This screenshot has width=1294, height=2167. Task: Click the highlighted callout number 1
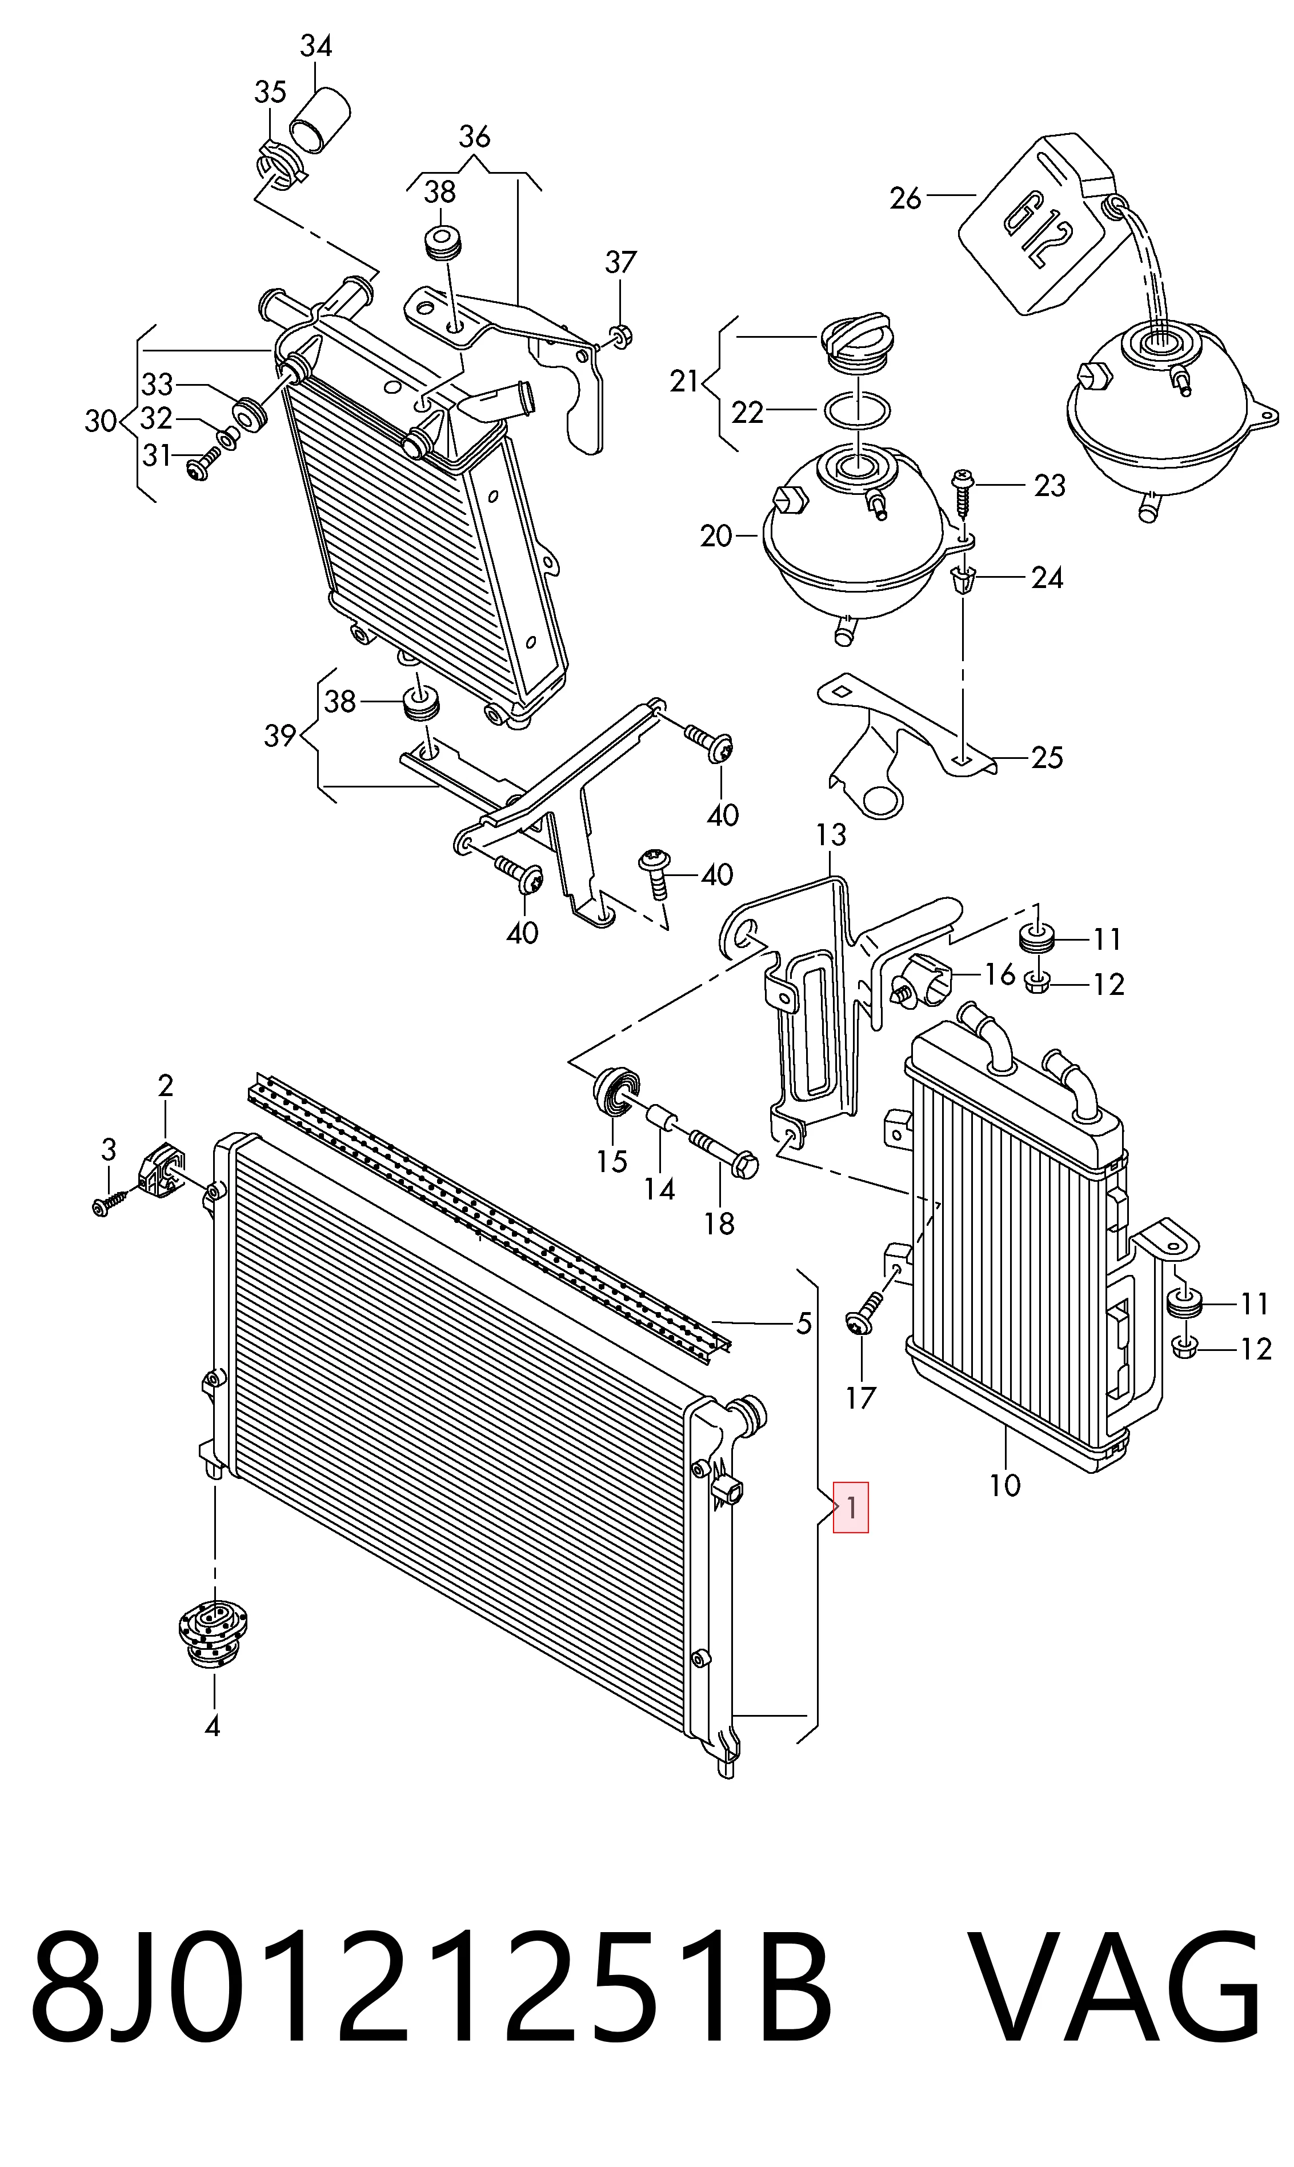851,1507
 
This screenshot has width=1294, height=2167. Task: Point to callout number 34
316,45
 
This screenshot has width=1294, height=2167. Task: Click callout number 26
905,199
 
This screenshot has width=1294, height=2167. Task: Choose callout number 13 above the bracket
831,834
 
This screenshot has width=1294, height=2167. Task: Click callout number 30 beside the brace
101,421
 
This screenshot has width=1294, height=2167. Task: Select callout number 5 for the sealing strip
804,1323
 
